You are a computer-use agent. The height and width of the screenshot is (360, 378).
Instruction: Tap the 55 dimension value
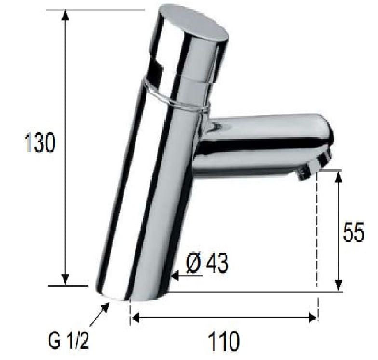(x=353, y=232)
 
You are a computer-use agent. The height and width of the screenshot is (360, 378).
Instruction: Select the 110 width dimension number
(x=224, y=341)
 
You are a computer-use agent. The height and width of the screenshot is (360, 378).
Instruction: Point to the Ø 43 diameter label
(x=206, y=263)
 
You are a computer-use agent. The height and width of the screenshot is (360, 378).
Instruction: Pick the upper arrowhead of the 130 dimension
(x=65, y=15)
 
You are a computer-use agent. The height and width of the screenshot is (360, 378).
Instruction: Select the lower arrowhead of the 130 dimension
(x=65, y=280)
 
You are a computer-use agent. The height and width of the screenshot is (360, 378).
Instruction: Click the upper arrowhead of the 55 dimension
(x=339, y=176)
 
